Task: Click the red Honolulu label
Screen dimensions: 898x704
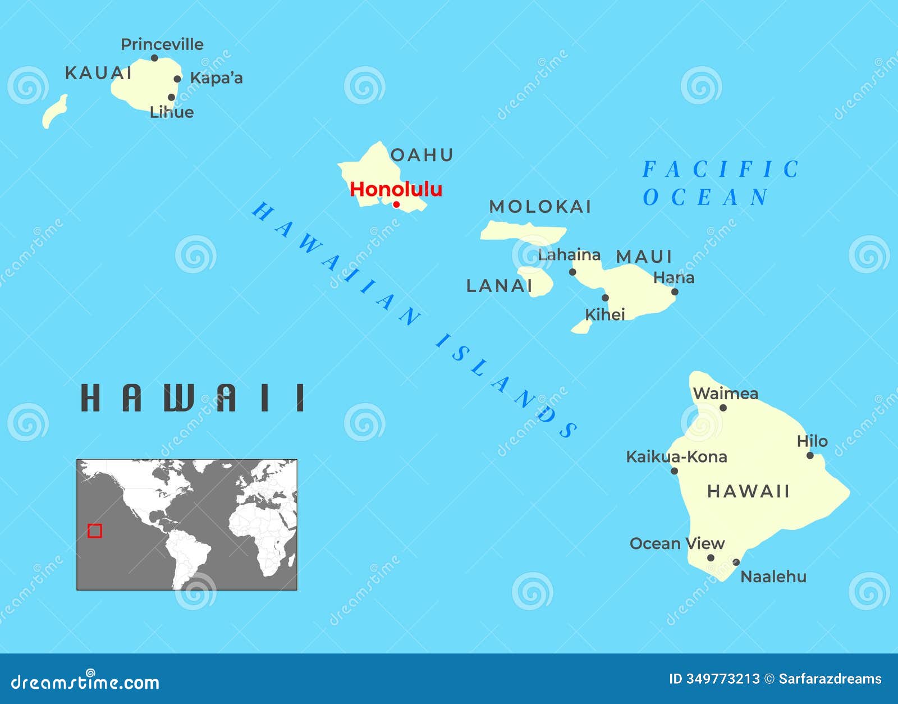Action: pyautogui.click(x=396, y=189)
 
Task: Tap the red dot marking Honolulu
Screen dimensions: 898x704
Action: pyautogui.click(x=396, y=204)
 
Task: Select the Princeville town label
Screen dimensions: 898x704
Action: pyautogui.click(x=162, y=44)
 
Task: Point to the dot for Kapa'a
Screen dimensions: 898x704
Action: pyautogui.click(x=177, y=79)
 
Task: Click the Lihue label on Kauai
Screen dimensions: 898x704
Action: pyautogui.click(x=172, y=112)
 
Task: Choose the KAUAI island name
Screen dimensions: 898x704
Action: pyautogui.click(x=98, y=73)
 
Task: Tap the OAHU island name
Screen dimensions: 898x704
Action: pyautogui.click(x=421, y=155)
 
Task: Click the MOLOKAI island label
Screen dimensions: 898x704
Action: pyautogui.click(x=540, y=207)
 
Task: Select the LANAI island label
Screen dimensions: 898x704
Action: pyautogui.click(x=499, y=286)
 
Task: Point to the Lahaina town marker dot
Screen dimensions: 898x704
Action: pyautogui.click(x=572, y=272)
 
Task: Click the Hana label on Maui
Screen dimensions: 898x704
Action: pyautogui.click(x=673, y=277)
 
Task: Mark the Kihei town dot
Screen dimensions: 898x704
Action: pyautogui.click(x=605, y=298)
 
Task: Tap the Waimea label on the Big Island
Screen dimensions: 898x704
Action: pyautogui.click(x=726, y=393)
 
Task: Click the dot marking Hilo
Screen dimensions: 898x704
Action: pyautogui.click(x=810, y=455)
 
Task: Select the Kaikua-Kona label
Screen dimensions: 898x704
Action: pyautogui.click(x=676, y=456)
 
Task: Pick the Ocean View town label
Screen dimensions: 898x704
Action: pyautogui.click(x=677, y=543)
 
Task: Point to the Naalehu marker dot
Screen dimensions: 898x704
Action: pyautogui.click(x=736, y=562)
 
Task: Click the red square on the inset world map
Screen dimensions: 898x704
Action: pyautogui.click(x=95, y=531)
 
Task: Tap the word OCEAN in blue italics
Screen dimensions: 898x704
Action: pyautogui.click(x=705, y=198)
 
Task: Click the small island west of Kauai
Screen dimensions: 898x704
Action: pyautogui.click(x=54, y=112)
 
